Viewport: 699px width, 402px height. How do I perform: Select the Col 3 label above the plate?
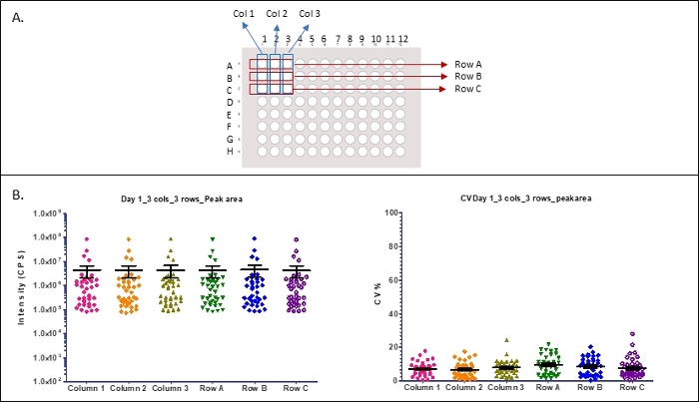click(311, 13)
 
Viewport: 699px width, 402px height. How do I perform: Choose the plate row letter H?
click(230, 151)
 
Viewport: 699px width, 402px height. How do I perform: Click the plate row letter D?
click(230, 102)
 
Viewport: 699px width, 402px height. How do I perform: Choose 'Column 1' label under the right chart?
click(429, 387)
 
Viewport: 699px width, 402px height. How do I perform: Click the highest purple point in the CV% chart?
click(632, 334)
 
